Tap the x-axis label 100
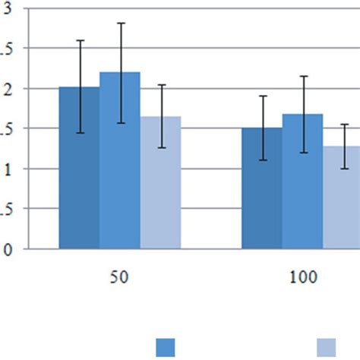pyautogui.click(x=303, y=278)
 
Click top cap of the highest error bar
pyautogui.click(x=120, y=24)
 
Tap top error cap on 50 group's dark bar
pyautogui.click(x=80, y=40)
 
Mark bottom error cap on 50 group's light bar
pyautogui.click(x=160, y=147)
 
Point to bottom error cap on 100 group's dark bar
pyautogui.click(x=262, y=159)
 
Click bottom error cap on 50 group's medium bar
pyautogui.click(x=120, y=123)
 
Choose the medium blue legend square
pyautogui.click(x=166, y=347)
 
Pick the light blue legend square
pyautogui.click(x=327, y=347)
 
